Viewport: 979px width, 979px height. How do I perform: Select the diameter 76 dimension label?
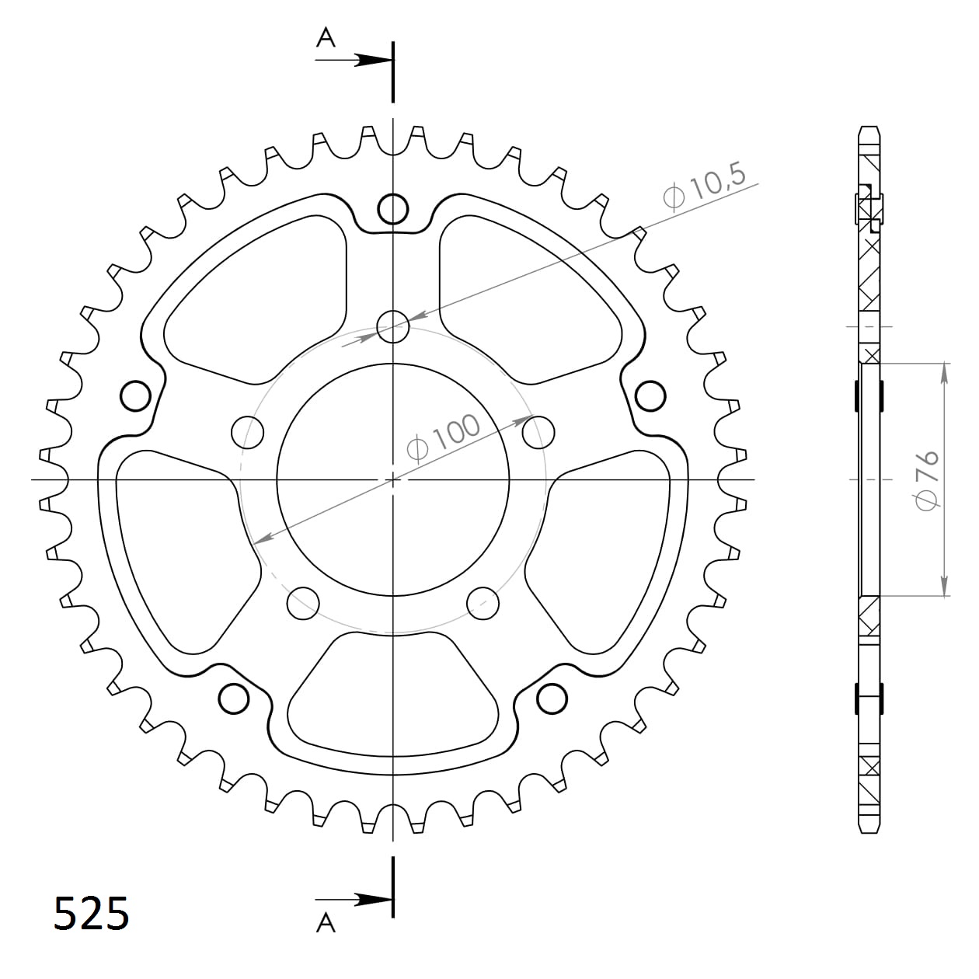(927, 480)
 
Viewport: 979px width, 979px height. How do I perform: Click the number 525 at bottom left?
(92, 914)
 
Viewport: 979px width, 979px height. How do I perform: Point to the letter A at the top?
(326, 37)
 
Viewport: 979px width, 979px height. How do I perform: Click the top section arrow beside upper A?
(354, 60)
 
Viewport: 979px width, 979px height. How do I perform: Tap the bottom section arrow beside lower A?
(354, 901)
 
